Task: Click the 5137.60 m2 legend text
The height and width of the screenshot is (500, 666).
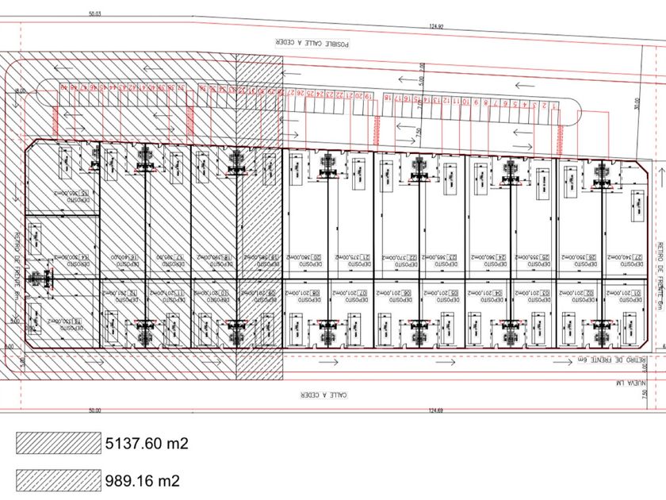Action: (x=146, y=444)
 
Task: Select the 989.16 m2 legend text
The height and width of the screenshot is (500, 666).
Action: (x=141, y=480)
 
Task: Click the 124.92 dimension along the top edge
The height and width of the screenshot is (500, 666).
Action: (x=435, y=25)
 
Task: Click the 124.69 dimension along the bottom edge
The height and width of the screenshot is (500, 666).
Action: (x=435, y=410)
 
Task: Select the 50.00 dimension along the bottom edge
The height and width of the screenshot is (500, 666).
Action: (x=95, y=410)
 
